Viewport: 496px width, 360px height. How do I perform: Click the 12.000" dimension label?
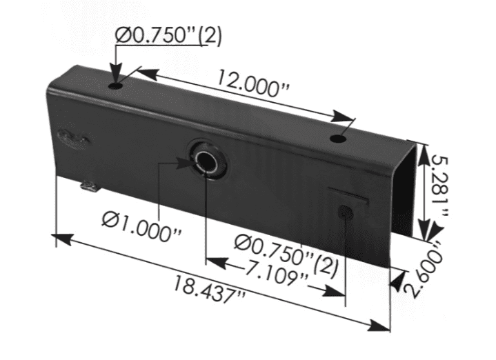click(252, 83)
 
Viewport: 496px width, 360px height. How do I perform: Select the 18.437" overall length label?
click(208, 289)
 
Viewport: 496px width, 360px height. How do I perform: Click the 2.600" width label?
click(421, 269)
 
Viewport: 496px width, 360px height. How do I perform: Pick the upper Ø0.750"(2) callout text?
click(168, 34)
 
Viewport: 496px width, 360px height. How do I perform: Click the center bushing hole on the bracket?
click(206, 161)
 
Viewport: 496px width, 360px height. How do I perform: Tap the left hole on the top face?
click(115, 86)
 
